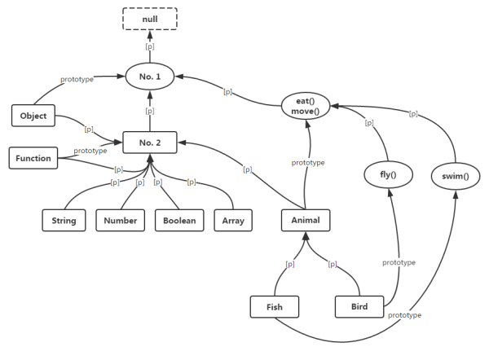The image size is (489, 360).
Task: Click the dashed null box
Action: tap(150, 19)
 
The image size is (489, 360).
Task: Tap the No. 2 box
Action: tap(150, 143)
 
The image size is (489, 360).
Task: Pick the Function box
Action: tap(33, 158)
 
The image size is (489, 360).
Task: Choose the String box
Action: tap(65, 219)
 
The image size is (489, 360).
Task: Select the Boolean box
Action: tap(178, 219)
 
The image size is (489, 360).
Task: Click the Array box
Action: tap(232, 219)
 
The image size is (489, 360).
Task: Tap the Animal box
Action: tap(306, 219)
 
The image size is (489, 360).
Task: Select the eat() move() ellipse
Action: tap(306, 105)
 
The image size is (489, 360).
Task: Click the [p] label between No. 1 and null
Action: tap(150, 46)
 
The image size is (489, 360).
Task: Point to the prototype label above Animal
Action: tap(308, 163)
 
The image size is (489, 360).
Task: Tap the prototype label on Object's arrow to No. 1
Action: tap(77, 80)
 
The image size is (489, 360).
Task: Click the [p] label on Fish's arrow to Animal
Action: tap(289, 265)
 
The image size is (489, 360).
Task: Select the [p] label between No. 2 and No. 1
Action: tap(150, 110)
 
